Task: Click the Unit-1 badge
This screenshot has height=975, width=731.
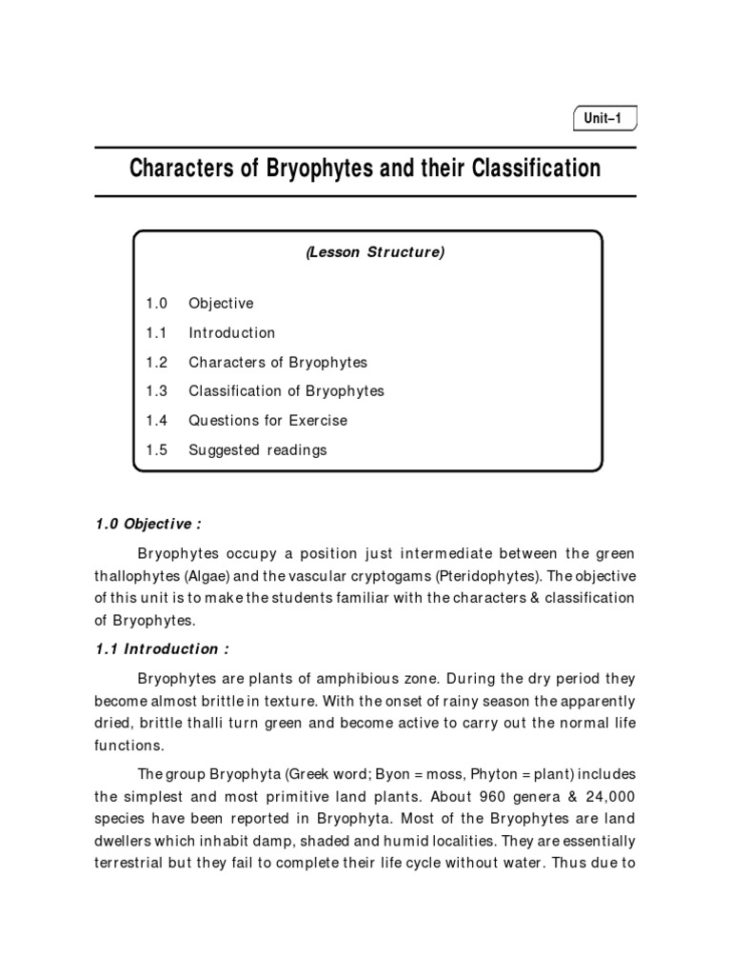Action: click(604, 119)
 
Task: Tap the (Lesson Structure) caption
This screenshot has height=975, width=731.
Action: click(375, 253)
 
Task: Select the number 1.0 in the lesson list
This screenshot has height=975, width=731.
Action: click(157, 304)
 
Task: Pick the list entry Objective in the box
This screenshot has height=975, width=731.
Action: click(221, 304)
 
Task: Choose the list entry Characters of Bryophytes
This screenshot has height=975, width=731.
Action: click(277, 363)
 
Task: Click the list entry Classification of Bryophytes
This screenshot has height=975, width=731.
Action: click(286, 391)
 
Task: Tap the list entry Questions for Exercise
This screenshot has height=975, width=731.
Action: click(267, 421)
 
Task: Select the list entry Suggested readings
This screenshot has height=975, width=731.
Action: click(257, 450)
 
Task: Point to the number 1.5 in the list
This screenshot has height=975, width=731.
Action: click(157, 450)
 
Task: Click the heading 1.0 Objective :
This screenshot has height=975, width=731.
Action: click(148, 525)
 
